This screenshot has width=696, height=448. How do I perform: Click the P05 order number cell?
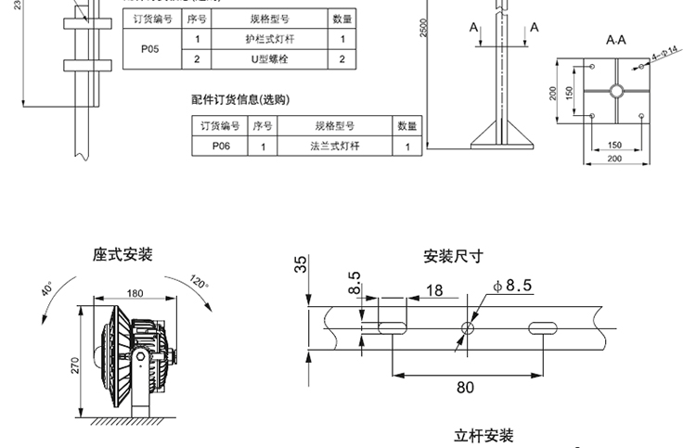[x=149, y=49]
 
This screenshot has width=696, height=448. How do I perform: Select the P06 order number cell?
[x=220, y=146]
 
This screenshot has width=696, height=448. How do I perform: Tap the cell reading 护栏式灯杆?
[x=269, y=39]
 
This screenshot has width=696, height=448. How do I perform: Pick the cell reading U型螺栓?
[x=269, y=59]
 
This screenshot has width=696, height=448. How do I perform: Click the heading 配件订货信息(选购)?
[x=240, y=99]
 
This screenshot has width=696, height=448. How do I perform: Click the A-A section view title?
[x=615, y=41]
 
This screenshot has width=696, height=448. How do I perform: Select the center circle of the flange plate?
[x=615, y=92]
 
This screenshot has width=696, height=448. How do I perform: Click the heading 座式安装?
[x=122, y=254]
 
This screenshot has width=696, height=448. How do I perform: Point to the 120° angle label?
[x=200, y=281]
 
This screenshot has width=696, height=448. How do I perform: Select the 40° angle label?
[x=47, y=290]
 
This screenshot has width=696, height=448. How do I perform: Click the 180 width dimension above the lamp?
[x=135, y=293]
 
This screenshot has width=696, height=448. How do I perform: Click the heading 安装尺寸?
[x=453, y=257]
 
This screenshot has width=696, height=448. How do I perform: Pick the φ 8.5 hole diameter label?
[x=513, y=286]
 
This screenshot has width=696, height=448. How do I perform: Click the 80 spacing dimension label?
[x=464, y=387]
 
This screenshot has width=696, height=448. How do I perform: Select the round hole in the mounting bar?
[x=468, y=326]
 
